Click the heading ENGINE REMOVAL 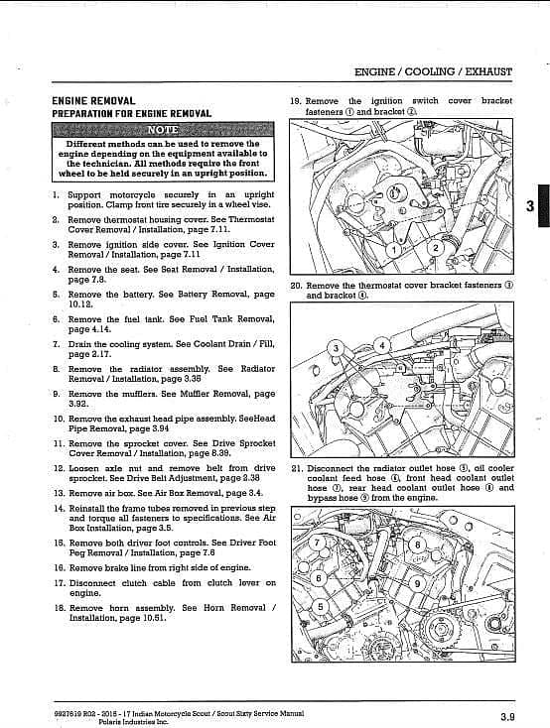coord(93,101)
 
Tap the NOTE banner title coord(163,129)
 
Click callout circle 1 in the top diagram coord(394,250)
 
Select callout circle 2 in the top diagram coord(436,248)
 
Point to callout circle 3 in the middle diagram coord(337,348)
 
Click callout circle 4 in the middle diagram coord(382,345)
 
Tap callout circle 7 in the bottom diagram coord(317,543)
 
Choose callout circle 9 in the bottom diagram coord(417,583)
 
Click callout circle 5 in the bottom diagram coord(320,606)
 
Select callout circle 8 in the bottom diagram coord(417,546)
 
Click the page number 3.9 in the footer coord(507,717)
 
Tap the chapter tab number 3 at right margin coord(530,205)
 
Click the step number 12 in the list coord(59,468)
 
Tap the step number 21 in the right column coord(297,468)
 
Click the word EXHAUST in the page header coord(488,72)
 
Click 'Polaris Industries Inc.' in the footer coord(134,721)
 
